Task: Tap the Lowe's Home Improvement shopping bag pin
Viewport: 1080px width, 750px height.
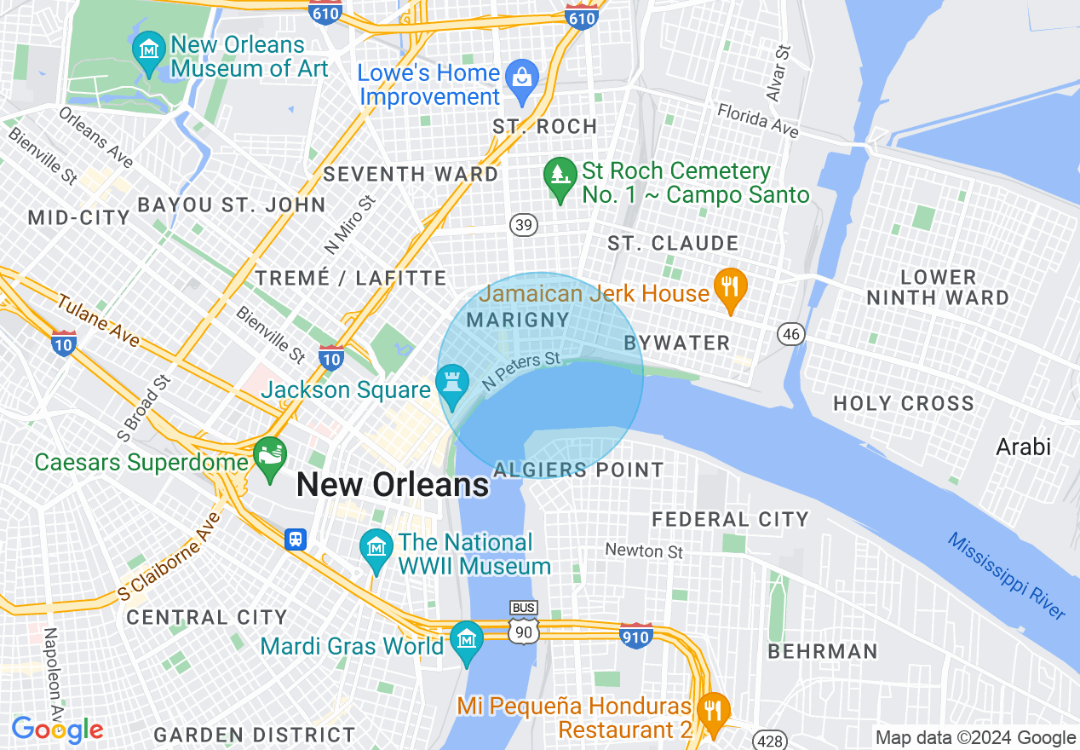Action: coord(520,78)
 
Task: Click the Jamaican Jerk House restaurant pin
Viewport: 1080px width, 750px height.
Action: coord(729,287)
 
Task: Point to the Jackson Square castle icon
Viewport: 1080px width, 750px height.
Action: coord(452,383)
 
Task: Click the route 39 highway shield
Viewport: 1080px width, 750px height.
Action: coord(524,225)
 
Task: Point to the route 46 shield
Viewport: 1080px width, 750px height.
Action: coord(791,334)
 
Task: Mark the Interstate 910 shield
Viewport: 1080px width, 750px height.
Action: coord(635,635)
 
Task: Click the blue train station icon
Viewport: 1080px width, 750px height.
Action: coord(296,539)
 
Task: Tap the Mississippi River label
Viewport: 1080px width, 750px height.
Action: coord(1006,577)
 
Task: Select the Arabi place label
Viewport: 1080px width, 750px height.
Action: coord(1023,447)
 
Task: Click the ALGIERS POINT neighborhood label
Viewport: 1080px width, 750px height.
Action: coord(578,470)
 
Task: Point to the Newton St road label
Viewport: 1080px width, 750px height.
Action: coord(644,551)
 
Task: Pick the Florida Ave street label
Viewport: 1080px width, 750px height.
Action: coord(757,120)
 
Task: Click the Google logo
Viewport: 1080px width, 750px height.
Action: coord(57,730)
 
